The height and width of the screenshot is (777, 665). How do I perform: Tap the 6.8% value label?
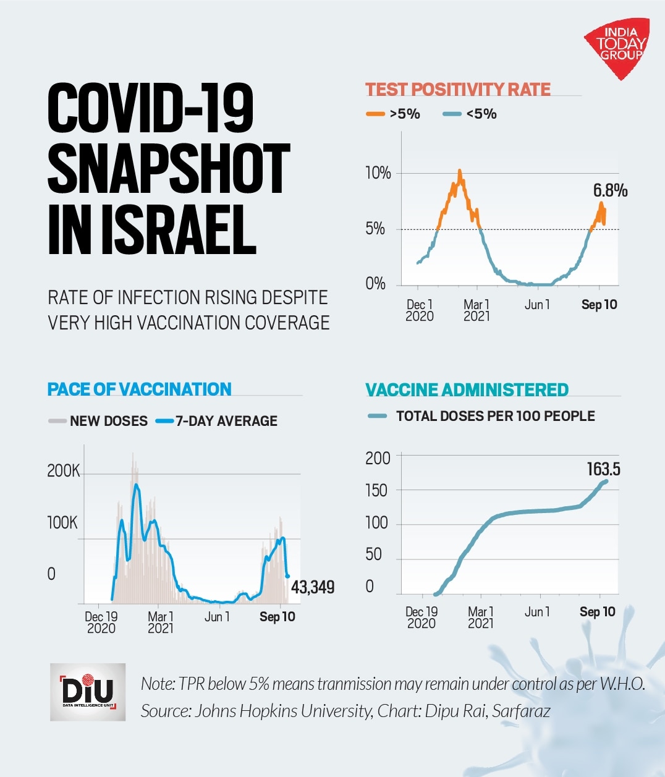[610, 190]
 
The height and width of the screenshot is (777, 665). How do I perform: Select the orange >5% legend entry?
[394, 114]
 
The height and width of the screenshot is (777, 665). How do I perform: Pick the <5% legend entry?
[470, 114]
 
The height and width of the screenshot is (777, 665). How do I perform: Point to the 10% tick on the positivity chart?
[378, 173]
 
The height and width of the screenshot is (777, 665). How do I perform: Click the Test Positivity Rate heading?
[457, 90]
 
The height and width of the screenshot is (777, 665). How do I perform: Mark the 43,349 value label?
[313, 587]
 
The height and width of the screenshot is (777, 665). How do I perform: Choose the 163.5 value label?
[603, 469]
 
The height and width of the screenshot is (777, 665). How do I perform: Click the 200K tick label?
[63, 471]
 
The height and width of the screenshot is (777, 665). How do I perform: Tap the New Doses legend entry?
[98, 421]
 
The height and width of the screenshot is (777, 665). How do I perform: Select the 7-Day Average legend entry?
[217, 421]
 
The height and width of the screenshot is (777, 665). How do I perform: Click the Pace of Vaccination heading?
[139, 389]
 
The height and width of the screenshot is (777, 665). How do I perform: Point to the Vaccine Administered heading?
[467, 390]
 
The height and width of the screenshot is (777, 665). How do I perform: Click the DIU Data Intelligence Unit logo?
[88, 692]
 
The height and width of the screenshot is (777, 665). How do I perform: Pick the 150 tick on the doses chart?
[376, 491]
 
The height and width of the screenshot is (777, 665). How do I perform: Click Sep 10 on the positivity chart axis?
[599, 305]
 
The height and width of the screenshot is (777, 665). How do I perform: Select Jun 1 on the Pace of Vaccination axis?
[217, 617]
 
